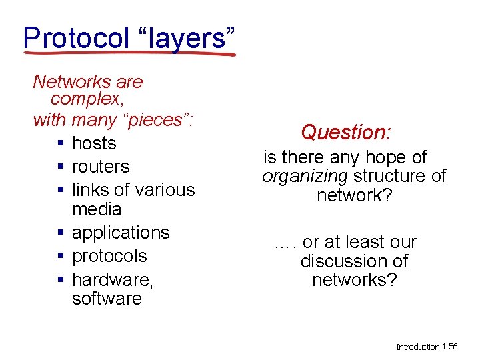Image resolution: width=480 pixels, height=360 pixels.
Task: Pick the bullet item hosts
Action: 94,143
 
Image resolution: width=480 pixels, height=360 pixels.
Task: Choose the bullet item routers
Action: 101,167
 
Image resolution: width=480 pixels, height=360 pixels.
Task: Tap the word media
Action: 97,209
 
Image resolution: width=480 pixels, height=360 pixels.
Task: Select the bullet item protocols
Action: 109,256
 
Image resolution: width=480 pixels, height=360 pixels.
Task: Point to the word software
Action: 107,298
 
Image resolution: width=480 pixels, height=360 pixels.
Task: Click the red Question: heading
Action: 345,132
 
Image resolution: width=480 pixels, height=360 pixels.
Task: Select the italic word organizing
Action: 305,177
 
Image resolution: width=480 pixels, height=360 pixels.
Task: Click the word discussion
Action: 354,261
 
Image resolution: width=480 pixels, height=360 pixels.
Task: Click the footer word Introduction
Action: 418,347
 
